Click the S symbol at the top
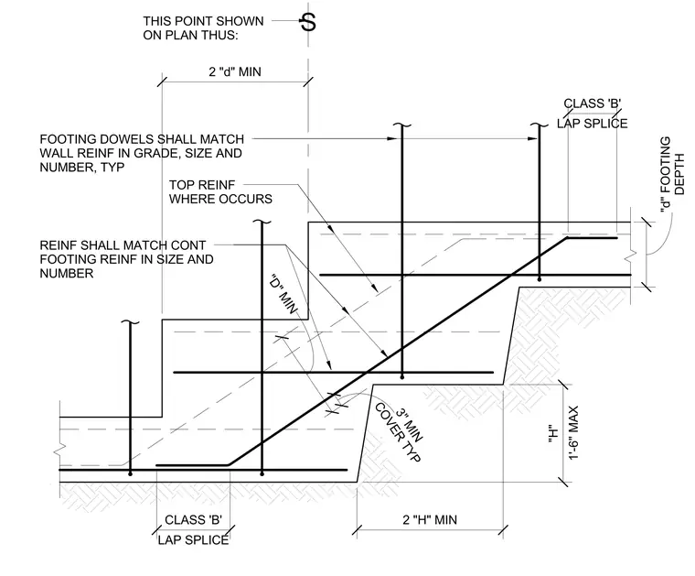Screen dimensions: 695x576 (x=308, y=22)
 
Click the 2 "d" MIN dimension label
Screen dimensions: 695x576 (x=235, y=71)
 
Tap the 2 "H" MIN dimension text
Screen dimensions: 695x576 (x=430, y=519)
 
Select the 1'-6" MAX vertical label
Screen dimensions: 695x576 (x=573, y=433)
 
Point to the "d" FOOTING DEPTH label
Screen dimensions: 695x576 (x=672, y=173)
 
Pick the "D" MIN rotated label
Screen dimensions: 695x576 (x=283, y=295)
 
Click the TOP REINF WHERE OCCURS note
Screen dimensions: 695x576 (x=220, y=191)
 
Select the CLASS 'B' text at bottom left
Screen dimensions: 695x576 (x=193, y=519)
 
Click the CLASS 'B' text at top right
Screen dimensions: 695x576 (x=593, y=103)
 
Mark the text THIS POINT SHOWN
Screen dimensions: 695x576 (x=203, y=21)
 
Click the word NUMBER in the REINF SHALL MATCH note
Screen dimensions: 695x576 (x=67, y=274)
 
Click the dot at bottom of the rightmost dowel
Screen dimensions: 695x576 (x=539, y=279)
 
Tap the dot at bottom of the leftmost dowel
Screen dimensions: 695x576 (x=130, y=474)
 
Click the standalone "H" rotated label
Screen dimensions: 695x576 (x=551, y=434)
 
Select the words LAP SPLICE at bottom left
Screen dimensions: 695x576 (x=193, y=539)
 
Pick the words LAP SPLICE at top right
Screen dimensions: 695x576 (x=593, y=124)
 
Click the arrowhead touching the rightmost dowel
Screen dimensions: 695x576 (x=533, y=139)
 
